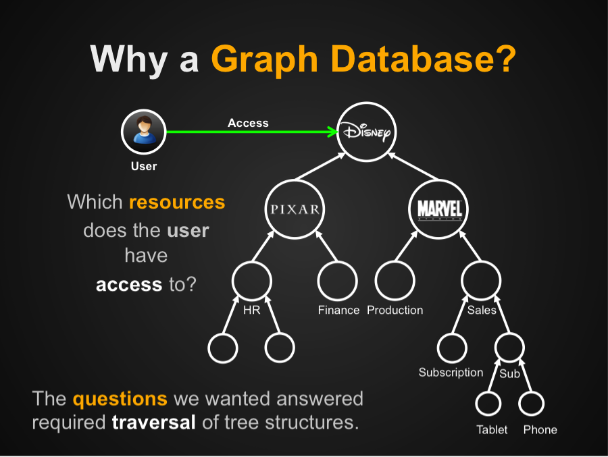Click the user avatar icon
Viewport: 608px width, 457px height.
143,131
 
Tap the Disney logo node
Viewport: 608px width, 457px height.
365,132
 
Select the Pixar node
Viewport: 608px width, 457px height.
295,209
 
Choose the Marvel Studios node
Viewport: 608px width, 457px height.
439,209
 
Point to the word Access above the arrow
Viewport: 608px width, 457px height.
248,123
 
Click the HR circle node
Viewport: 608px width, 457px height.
251,281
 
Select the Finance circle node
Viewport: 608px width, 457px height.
338,281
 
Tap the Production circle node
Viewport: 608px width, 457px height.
395,281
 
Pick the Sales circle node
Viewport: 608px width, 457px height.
481,281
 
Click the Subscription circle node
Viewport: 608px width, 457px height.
451,348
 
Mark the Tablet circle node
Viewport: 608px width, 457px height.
488,404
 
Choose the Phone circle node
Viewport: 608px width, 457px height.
531,404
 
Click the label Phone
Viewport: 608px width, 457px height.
540,430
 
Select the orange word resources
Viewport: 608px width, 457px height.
177,202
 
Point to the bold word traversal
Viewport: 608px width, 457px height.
153,423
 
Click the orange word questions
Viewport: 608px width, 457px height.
120,398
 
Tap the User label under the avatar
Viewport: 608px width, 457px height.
143,166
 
